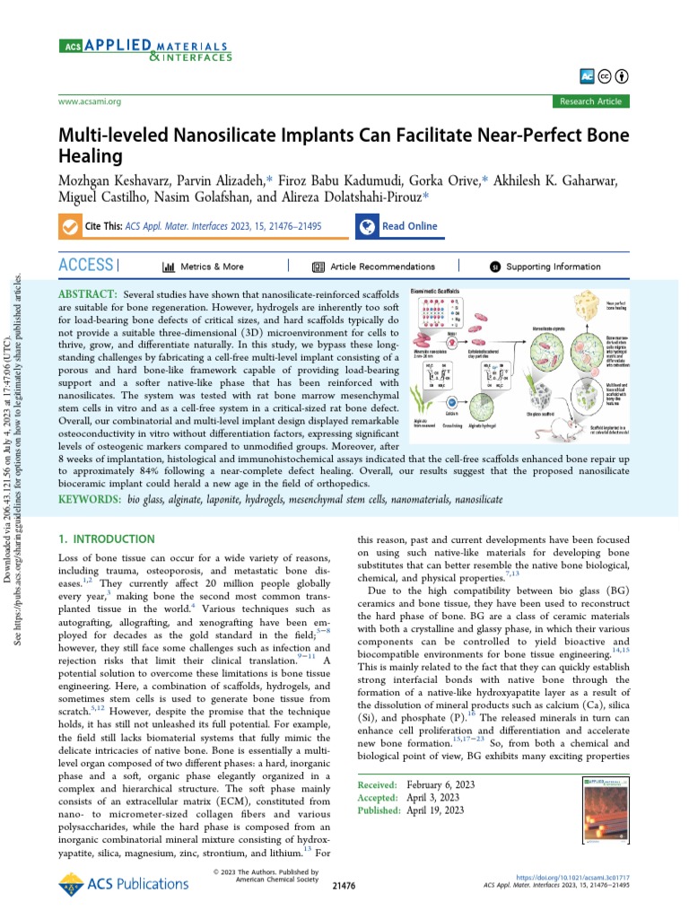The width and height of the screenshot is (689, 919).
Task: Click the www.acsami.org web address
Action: click(x=89, y=101)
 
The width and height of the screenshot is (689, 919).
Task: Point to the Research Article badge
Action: click(x=589, y=101)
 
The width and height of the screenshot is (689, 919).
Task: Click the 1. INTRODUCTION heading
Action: click(x=106, y=539)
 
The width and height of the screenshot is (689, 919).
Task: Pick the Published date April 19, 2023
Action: click(x=435, y=810)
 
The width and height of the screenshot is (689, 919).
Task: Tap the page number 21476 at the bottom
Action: click(x=344, y=885)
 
